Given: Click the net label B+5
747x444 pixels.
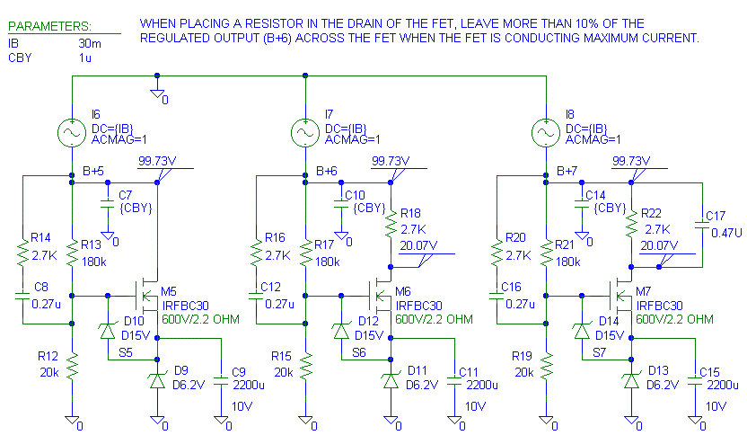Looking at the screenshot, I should coord(94,170).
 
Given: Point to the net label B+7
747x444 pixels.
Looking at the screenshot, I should coord(567,170).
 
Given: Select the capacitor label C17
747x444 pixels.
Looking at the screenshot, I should coord(716,216).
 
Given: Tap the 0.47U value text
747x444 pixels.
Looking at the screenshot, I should coord(720,231).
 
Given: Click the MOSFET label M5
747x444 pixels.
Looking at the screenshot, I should coord(169,291).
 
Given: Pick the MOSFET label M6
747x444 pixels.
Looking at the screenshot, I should coord(404,291).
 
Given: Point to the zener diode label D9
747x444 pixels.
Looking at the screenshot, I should coord(182,369).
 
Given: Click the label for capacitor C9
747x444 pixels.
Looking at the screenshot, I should coord(238,371).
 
